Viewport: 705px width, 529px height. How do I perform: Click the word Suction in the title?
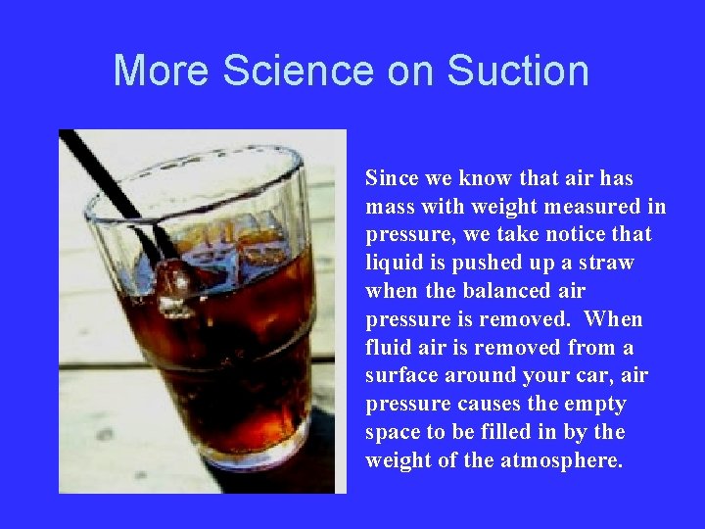517,72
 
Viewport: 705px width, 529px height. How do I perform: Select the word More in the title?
163,72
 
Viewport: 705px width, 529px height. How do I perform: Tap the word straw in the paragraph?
606,264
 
